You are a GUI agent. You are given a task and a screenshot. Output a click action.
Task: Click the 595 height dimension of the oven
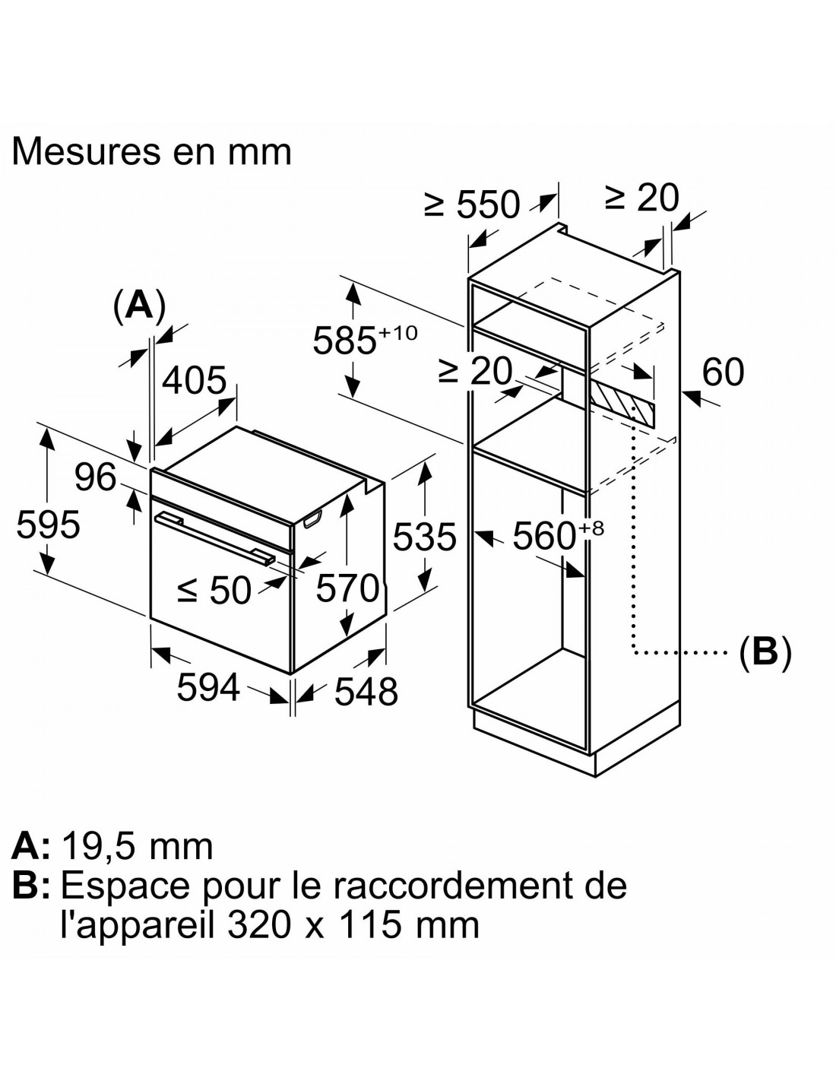coord(48,525)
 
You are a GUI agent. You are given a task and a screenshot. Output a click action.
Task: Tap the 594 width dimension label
coord(208,687)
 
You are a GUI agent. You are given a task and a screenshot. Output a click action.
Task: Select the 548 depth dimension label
coord(366,691)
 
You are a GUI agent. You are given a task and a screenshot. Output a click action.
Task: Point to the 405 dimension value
coord(195,381)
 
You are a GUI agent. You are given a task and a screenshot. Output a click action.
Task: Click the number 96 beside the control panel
coord(96,477)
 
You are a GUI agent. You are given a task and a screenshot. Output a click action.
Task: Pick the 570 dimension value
coord(348,588)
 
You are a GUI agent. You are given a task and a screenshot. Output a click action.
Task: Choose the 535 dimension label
coord(425,537)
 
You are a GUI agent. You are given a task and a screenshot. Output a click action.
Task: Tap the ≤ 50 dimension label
coord(214,591)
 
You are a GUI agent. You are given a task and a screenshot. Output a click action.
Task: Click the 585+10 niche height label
coord(365,338)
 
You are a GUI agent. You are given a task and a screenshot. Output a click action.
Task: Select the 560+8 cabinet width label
coord(558,534)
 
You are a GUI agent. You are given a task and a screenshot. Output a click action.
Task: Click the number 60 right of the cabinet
coord(723,372)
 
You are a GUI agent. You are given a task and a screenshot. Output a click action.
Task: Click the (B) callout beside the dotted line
coord(765,651)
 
